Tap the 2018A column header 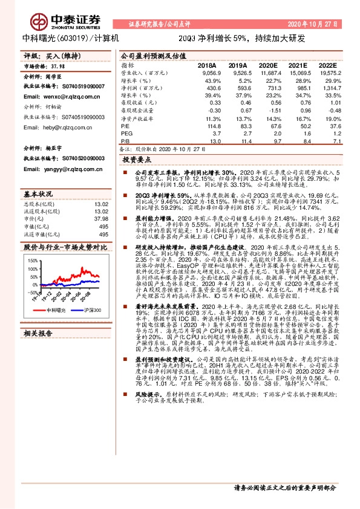(x=207, y=65)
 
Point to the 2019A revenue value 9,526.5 (x=239, y=73)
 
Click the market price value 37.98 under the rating (x=59, y=67)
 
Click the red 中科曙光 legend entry (x=53, y=310)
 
